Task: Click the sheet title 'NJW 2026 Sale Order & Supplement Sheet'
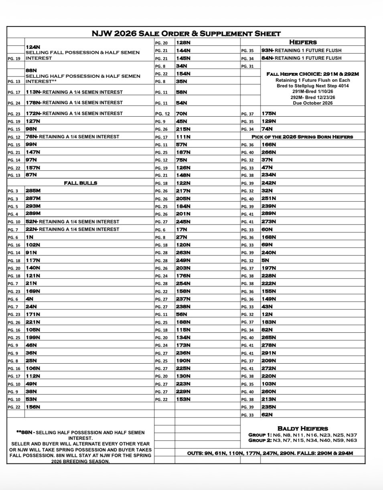click(186, 34)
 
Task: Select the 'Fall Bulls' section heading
click(80, 183)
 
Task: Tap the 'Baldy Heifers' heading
click(302, 429)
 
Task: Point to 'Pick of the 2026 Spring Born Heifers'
click(302, 137)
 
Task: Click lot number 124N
click(33, 47)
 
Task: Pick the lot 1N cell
click(29, 237)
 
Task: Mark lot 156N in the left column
click(33, 407)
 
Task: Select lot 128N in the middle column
click(183, 42)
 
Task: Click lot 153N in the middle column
click(183, 399)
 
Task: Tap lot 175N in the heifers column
click(269, 113)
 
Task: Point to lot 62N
click(267, 415)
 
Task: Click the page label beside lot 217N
click(161, 191)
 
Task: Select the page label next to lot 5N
click(247, 261)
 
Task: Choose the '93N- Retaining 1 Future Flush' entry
click(301, 51)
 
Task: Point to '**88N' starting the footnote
click(25, 433)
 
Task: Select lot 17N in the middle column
click(182, 229)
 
